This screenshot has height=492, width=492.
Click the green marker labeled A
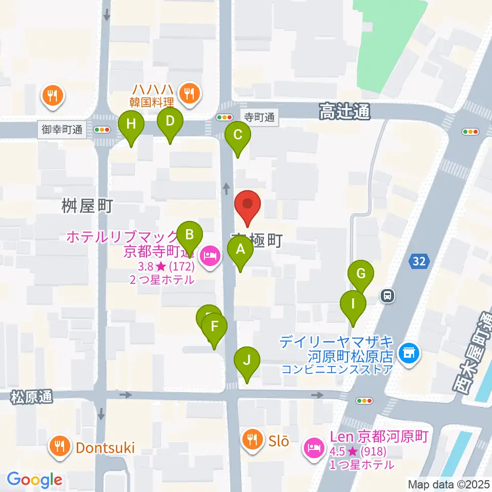click(240, 252)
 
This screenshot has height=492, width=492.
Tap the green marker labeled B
click(189, 236)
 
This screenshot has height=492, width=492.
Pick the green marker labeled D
click(170, 122)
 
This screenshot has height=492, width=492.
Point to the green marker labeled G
click(361, 274)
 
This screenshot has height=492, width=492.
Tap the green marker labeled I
click(353, 304)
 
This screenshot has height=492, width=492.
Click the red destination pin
click(248, 204)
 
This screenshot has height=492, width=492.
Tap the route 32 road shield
click(418, 261)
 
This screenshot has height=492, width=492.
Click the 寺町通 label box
click(259, 117)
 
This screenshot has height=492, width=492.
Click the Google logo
click(34, 480)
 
